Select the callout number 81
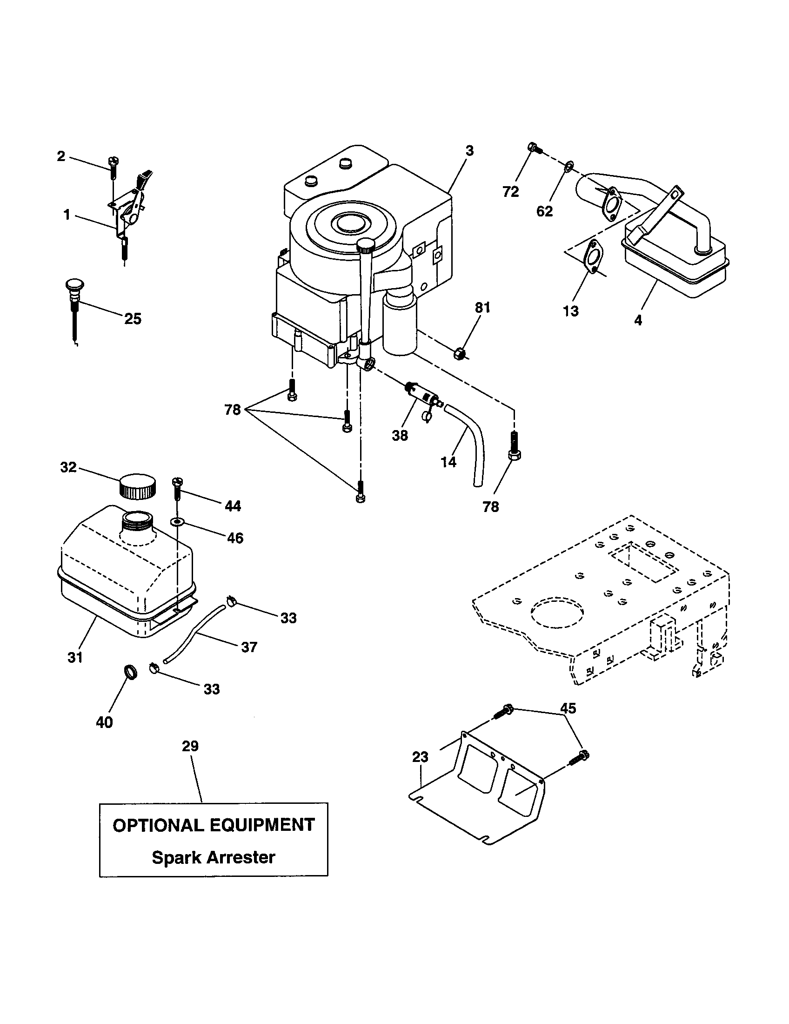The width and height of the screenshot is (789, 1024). click(482, 308)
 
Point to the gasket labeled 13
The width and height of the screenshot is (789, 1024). click(594, 256)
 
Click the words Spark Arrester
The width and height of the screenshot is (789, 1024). click(213, 857)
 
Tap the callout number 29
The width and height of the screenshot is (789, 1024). click(190, 746)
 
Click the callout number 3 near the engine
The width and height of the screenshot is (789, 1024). click(469, 151)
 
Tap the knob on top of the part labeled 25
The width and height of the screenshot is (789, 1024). click(73, 284)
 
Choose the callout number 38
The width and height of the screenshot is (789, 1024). click(400, 436)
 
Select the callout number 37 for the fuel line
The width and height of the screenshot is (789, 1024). click(249, 647)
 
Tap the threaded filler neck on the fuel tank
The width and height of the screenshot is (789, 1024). click(138, 520)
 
